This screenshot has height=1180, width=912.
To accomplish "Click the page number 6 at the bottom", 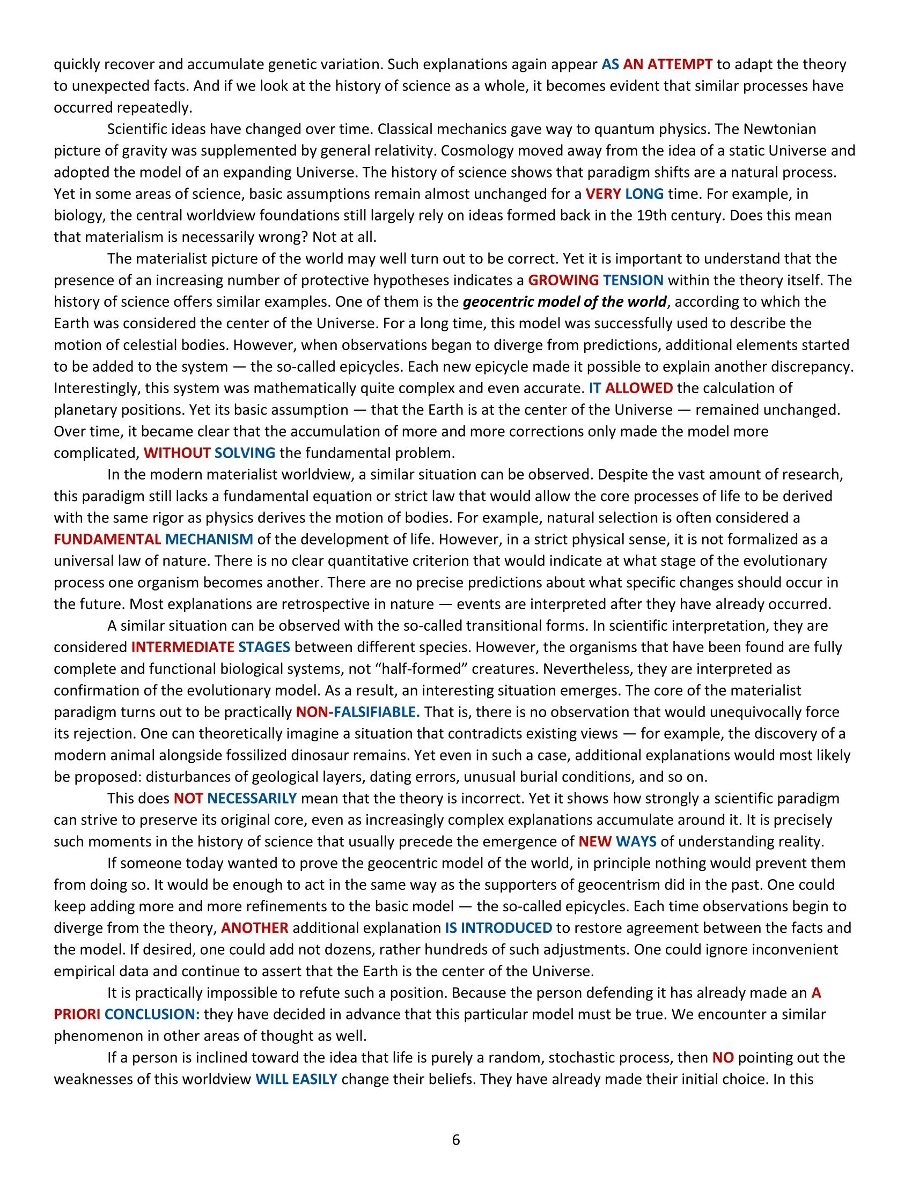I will pos(455,1140).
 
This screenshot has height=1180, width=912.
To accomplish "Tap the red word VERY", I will pos(603,194).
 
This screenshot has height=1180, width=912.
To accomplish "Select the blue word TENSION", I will pos(633,280).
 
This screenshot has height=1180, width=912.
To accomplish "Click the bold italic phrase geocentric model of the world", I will pos(564,301).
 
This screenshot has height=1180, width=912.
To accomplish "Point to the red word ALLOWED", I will pos(638,388).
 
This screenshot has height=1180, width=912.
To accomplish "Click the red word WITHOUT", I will pos(176,453).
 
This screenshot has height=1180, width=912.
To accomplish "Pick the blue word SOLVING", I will pos(245,453).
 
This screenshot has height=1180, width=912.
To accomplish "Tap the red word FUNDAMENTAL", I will pos(107,539).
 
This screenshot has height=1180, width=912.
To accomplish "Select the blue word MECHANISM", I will pos(209,539).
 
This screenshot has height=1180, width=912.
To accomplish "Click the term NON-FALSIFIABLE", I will pos(358,712).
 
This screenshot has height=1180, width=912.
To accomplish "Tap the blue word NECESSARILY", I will pos(252,798).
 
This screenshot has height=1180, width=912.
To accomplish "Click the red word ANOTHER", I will pos(254,928).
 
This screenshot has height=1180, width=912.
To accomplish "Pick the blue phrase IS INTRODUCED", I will pos(498,928).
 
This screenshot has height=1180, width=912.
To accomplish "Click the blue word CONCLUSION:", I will pos(152,1014).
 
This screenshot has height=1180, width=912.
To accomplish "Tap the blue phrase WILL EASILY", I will pos(296,1079).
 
